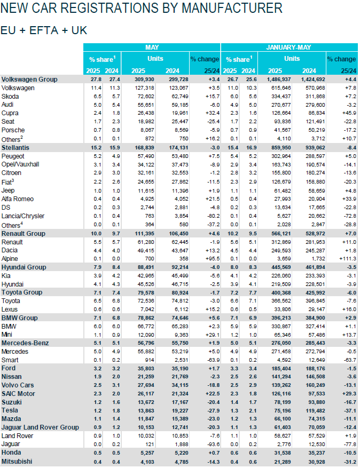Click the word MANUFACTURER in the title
(231, 9)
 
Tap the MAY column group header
(152, 47)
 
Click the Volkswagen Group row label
(29, 79)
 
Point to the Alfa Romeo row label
(18, 199)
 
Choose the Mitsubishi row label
(18, 461)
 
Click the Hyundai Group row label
(24, 267)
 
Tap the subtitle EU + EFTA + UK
(44, 30)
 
